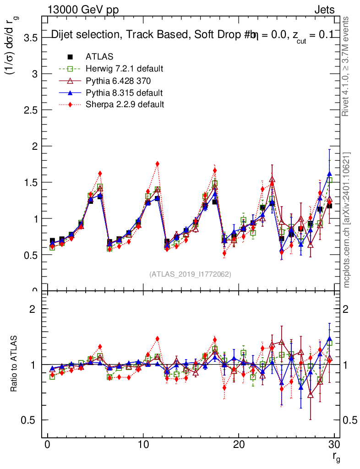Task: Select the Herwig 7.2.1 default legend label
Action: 125,69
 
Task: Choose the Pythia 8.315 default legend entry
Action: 124,93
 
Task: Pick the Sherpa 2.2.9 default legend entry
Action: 125,104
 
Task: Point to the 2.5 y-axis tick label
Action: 30,110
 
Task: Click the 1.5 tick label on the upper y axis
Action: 30,182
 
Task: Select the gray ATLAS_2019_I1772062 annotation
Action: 190,274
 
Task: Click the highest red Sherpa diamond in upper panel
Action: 157,164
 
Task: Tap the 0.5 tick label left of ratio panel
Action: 30,420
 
